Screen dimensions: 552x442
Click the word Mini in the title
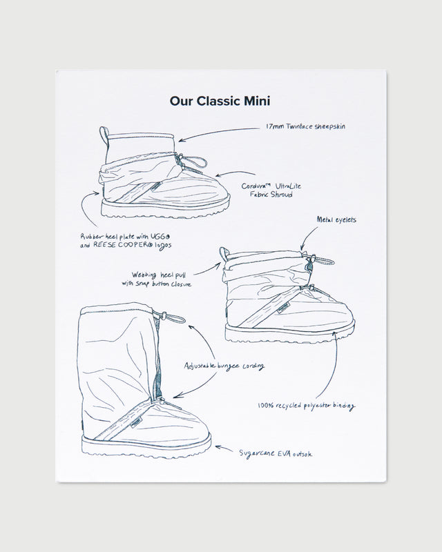253,101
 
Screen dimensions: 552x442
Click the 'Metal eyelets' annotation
336,220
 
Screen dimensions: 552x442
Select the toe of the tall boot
200,435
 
